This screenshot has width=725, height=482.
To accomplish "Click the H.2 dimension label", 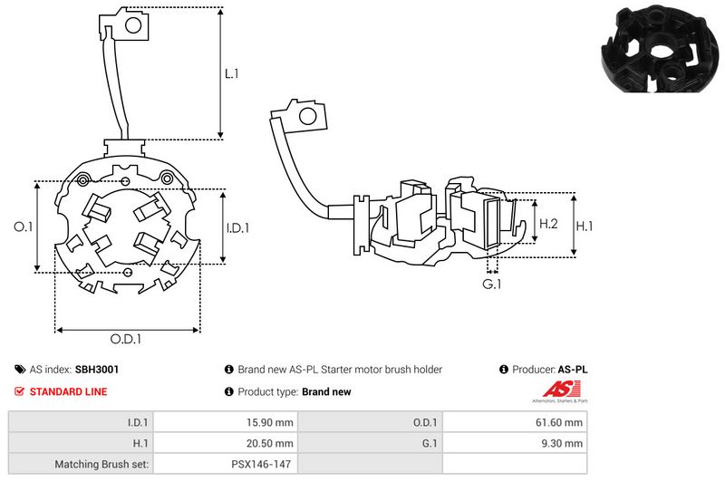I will tap(548, 223).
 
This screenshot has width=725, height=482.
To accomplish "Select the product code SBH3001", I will tap(97, 370).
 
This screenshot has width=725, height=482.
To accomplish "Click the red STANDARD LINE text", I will tap(69, 391).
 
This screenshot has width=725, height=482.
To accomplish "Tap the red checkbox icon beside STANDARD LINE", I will tap(20, 391).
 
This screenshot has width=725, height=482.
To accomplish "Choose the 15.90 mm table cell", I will tap(271, 421).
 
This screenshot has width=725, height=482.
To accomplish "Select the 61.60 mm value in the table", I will tap(561, 421).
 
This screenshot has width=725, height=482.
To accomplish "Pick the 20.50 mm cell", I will tap(271, 443).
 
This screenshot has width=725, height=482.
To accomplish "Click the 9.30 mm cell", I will tap(564, 443).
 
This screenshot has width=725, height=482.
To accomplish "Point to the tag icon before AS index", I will tap(20, 370).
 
